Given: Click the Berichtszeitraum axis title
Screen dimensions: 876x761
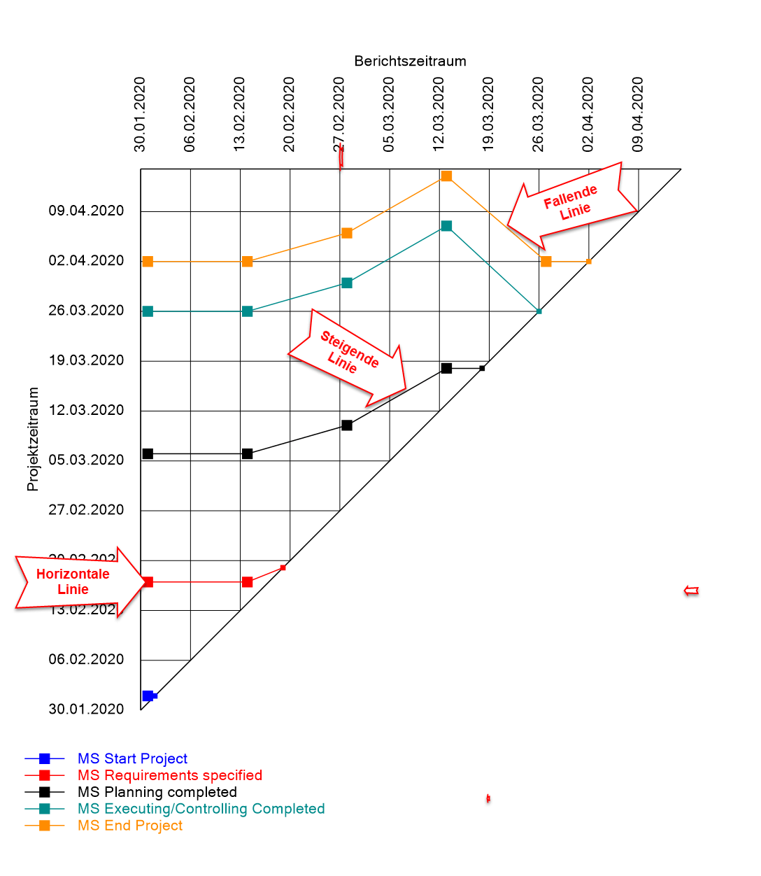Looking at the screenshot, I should tap(410, 61).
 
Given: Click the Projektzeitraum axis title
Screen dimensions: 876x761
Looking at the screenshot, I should tap(33, 439).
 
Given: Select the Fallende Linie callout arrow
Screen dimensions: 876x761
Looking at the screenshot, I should tap(571, 203).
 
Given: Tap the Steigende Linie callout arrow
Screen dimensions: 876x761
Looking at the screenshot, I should tap(348, 357).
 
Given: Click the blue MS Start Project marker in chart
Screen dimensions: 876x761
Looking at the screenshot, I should tap(148, 695).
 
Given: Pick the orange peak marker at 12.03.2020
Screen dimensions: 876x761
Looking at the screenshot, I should tap(446, 176).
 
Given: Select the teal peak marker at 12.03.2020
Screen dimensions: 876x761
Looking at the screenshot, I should tap(446, 226).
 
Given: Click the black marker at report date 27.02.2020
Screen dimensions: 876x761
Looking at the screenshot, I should tap(347, 425).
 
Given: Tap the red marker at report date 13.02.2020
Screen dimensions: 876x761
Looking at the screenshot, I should tap(247, 582).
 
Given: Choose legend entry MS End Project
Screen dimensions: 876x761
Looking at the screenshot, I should tap(130, 826).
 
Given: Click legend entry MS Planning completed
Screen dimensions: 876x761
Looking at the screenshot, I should tap(157, 792).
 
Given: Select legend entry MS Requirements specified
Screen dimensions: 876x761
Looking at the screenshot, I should tap(170, 775).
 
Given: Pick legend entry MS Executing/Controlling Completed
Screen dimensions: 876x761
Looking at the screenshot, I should tap(201, 809).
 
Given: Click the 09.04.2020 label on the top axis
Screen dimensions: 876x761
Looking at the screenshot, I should tap(638, 115).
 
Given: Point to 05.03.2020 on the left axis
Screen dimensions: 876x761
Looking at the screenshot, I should tap(86, 460).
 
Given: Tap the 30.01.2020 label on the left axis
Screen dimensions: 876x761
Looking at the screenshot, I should tap(86, 709).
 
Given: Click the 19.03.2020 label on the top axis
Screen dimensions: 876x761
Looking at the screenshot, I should tap(488, 115).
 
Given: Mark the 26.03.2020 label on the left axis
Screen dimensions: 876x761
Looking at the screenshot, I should tap(86, 310).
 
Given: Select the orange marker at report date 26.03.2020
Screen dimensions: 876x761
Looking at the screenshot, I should tap(546, 262).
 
